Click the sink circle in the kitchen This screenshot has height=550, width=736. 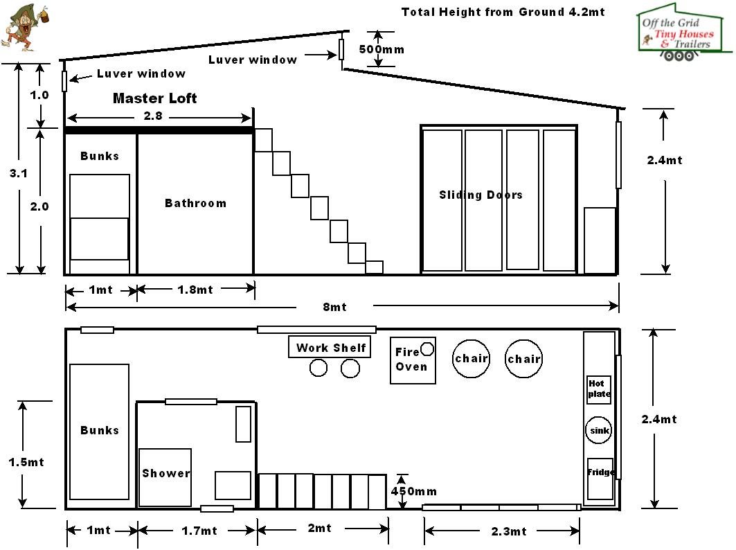point(599,430)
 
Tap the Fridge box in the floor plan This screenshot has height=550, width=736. point(600,478)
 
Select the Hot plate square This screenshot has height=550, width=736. point(599,389)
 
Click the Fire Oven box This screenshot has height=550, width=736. point(413,360)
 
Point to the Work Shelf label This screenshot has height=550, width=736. point(330,348)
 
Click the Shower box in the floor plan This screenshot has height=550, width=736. point(165,477)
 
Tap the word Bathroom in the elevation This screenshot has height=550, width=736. point(195,203)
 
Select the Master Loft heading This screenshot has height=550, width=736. point(154,98)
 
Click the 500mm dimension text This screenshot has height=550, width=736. point(382,49)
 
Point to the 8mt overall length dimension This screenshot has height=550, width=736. point(334,307)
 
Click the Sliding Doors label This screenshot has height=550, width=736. point(481,195)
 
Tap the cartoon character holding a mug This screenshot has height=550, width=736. point(21,28)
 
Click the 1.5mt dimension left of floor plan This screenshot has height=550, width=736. point(26,461)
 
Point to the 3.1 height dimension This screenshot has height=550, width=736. point(19,174)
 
